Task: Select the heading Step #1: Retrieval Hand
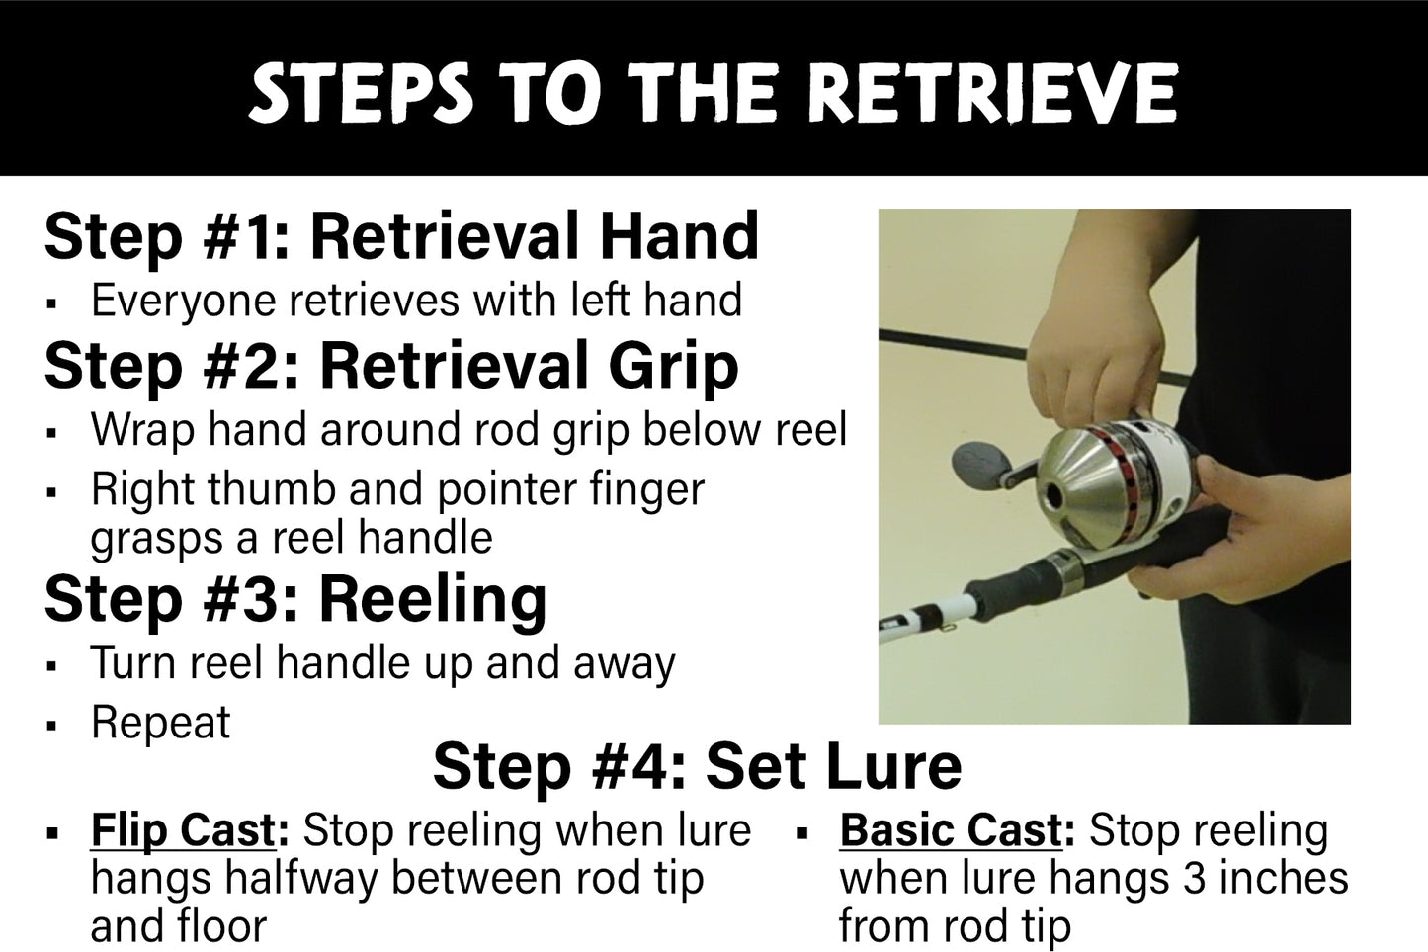(401, 236)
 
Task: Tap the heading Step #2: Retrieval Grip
(391, 365)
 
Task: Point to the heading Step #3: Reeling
(294, 598)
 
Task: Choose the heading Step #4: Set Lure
(697, 766)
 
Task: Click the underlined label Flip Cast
(183, 830)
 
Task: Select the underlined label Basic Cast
(950, 830)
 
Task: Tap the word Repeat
(160, 723)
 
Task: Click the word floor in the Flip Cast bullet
(221, 926)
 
